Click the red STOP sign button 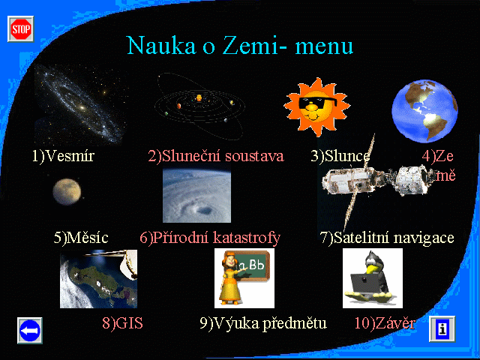tap(21, 29)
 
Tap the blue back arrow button tap(30, 331)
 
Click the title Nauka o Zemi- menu tap(240, 46)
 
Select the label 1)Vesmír tap(63, 156)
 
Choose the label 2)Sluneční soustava tap(216, 156)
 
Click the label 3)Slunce tap(340, 156)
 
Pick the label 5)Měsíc tap(81, 238)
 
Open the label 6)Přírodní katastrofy tap(210, 238)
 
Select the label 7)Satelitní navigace tap(387, 238)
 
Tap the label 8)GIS tap(122, 323)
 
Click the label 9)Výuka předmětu tap(263, 323)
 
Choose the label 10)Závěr tap(385, 323)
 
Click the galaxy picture tap(80, 105)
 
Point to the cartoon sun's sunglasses tap(317, 103)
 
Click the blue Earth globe tap(424, 111)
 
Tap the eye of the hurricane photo tap(204, 210)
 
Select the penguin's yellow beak tap(373, 269)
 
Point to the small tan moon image tap(67, 192)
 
